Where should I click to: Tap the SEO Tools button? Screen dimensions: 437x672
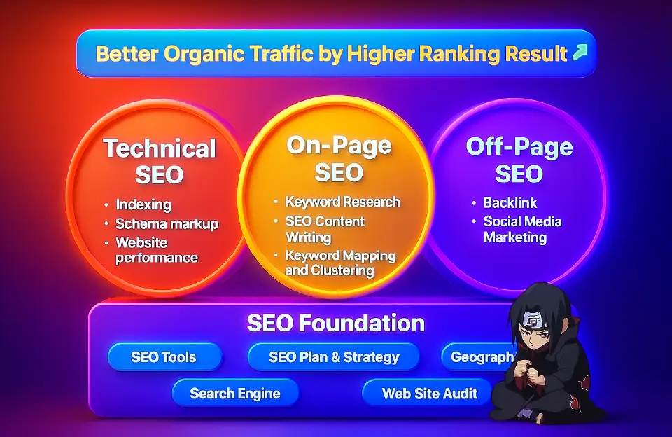click(164, 357)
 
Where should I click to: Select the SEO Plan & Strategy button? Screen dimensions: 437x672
click(334, 357)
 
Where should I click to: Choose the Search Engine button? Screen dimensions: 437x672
click(235, 393)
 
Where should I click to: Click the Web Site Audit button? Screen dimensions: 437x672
click(429, 393)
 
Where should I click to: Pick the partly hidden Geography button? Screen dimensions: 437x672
click(480, 357)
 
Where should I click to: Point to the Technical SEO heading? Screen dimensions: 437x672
click(160, 160)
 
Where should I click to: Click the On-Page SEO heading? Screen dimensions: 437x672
click(338, 158)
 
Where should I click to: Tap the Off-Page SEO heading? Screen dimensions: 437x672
click(519, 160)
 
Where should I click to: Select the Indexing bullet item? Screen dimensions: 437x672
click(143, 205)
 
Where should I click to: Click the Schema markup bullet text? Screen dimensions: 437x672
click(167, 224)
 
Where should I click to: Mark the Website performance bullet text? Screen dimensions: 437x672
click(157, 250)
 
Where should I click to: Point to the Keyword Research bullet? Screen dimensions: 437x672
click(342, 202)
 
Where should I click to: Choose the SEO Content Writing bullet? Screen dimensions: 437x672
click(324, 229)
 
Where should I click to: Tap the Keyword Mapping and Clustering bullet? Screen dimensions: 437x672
click(340, 263)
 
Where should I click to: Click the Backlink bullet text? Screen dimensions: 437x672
click(510, 203)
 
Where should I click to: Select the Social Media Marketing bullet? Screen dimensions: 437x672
click(522, 229)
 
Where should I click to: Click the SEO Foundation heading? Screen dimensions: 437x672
click(335, 323)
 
